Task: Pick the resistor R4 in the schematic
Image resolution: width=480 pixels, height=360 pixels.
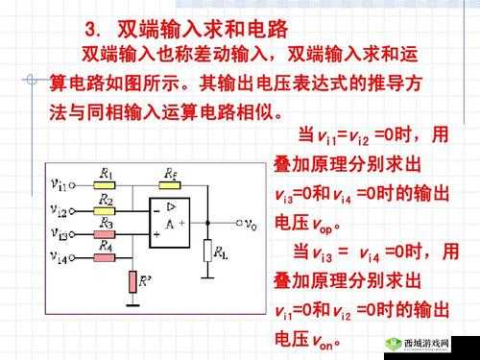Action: [106, 252]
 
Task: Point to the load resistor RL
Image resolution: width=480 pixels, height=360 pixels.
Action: [206, 252]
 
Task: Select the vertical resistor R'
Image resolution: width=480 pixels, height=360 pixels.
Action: [133, 281]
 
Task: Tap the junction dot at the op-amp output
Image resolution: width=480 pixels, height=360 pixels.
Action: [206, 227]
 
